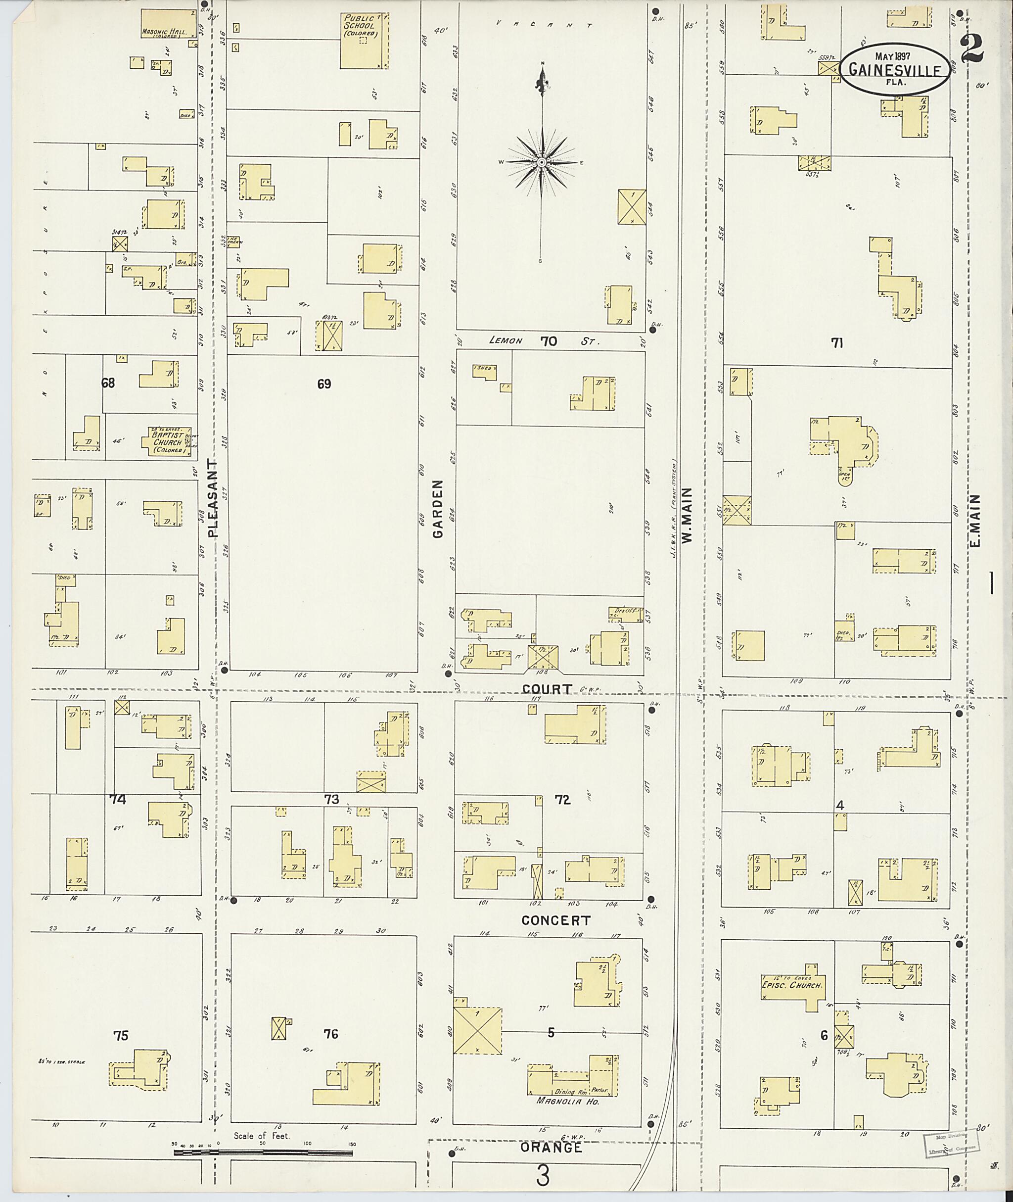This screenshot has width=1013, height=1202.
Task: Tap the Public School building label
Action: point(360,26)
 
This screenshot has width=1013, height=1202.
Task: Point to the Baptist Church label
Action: point(167,442)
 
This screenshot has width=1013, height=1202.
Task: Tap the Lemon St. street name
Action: point(544,341)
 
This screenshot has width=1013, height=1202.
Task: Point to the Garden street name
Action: point(439,509)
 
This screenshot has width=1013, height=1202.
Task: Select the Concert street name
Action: point(556,920)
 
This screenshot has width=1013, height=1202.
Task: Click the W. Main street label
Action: point(688,515)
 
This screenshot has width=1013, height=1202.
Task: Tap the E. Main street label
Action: point(975,521)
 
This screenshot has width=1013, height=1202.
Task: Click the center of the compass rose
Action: point(541,163)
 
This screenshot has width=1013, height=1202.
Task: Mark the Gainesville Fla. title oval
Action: point(894,69)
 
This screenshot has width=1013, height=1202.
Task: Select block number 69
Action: point(324,384)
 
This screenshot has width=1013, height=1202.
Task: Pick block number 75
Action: point(121,1035)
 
